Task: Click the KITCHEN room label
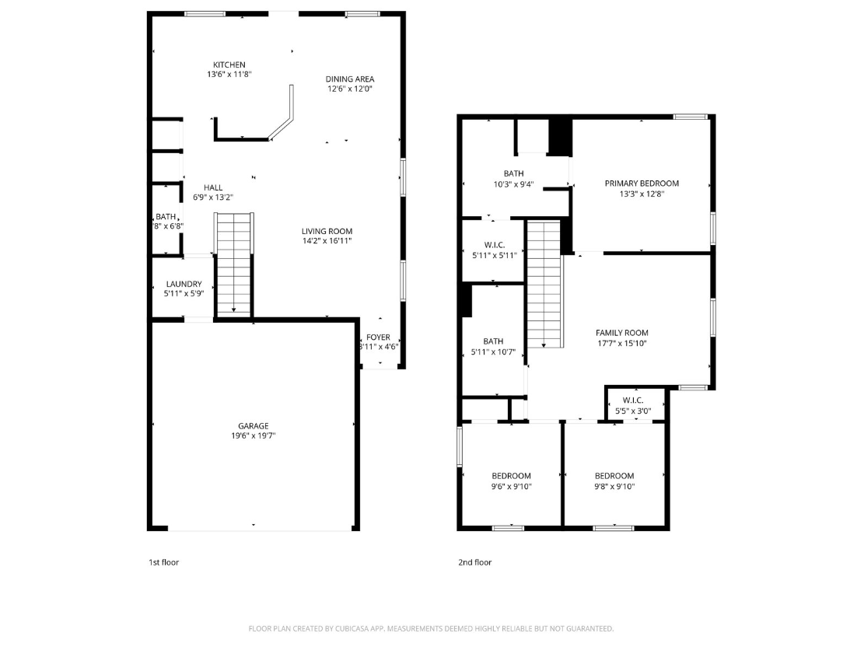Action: tap(229, 65)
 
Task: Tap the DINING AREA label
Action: tap(349, 79)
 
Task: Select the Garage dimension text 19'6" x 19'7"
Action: tap(253, 436)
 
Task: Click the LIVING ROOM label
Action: tap(327, 231)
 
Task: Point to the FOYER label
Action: tap(378, 337)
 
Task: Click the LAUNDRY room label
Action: tap(183, 284)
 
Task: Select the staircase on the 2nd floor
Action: tap(544, 284)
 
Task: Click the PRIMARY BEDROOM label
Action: tap(642, 184)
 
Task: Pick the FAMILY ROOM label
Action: tap(621, 332)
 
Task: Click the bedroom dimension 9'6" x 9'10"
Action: tap(511, 487)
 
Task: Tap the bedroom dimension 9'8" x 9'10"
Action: tap(614, 487)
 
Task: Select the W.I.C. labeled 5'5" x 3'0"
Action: tap(632, 411)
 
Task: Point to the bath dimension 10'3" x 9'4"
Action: tap(513, 184)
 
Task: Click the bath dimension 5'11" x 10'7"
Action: tap(493, 351)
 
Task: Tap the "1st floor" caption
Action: tap(163, 562)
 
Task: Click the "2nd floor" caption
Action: tap(474, 562)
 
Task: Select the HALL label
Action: tap(213, 187)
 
